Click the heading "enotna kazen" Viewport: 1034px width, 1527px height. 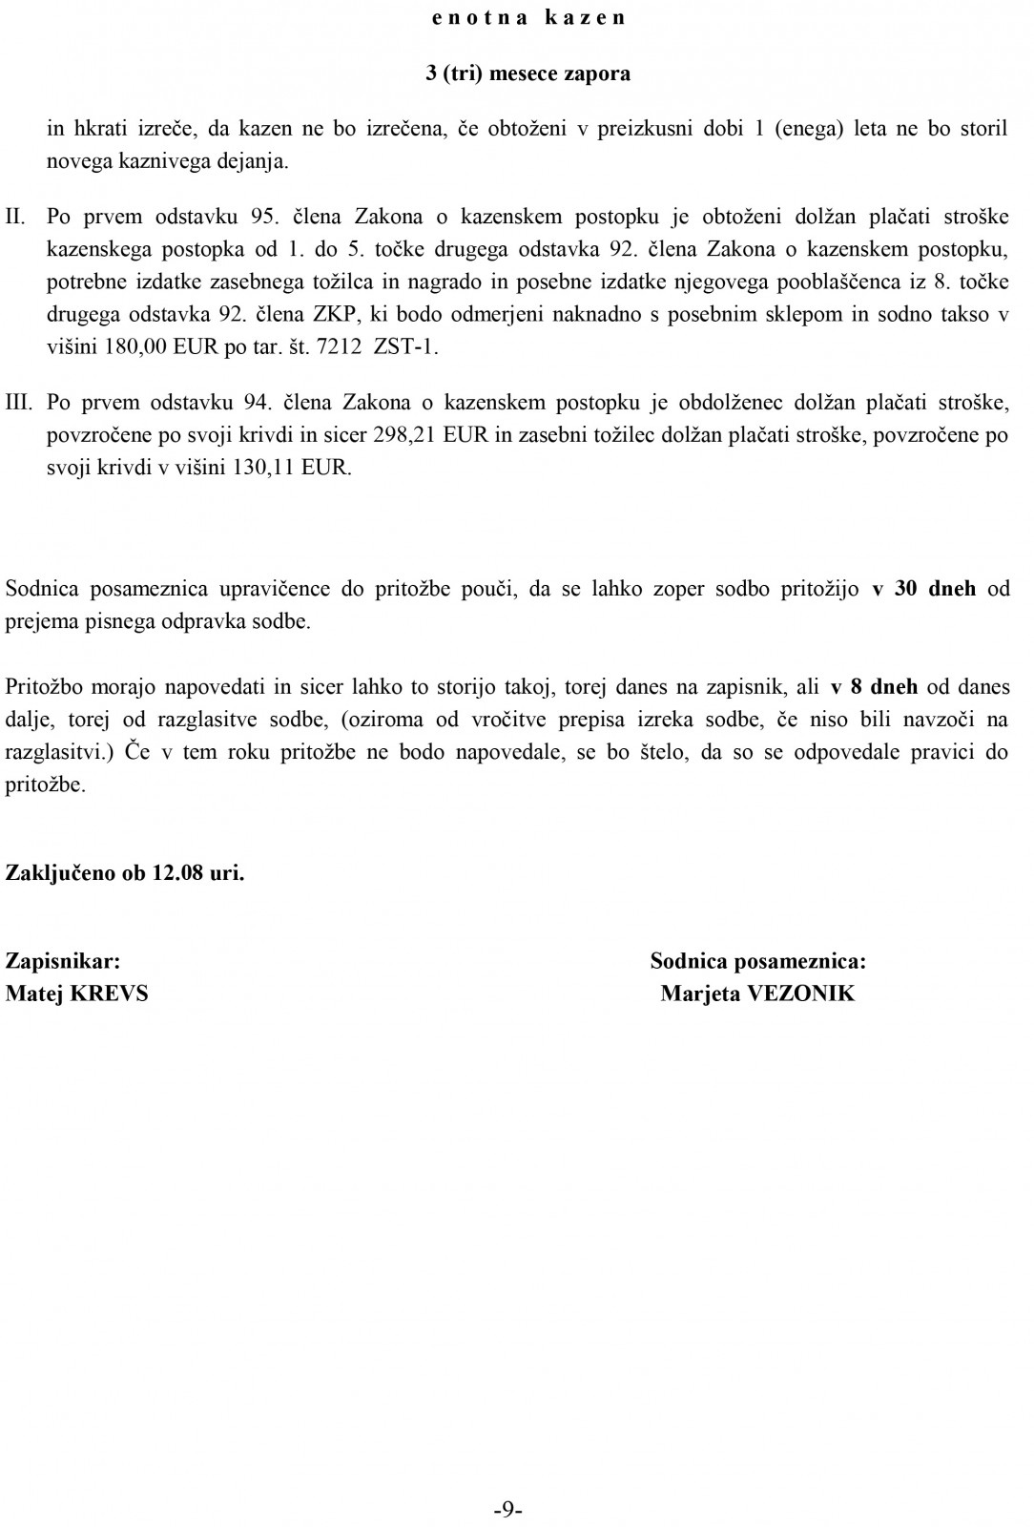tap(527, 17)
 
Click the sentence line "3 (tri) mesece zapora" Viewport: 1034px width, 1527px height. tap(527, 73)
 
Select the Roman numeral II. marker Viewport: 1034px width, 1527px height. tap(15, 216)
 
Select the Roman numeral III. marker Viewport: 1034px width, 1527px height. tap(19, 402)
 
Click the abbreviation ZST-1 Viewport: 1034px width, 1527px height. tap(406, 347)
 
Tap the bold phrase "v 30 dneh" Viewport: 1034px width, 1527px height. tap(923, 588)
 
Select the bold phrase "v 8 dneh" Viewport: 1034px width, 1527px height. tap(874, 686)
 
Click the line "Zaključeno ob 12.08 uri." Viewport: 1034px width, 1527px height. tap(125, 872)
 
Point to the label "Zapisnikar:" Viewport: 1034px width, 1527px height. tap(63, 961)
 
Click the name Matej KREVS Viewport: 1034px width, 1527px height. tap(77, 994)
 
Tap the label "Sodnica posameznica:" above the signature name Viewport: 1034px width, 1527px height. tap(757, 961)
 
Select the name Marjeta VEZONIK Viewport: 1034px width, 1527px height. tap(757, 994)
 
